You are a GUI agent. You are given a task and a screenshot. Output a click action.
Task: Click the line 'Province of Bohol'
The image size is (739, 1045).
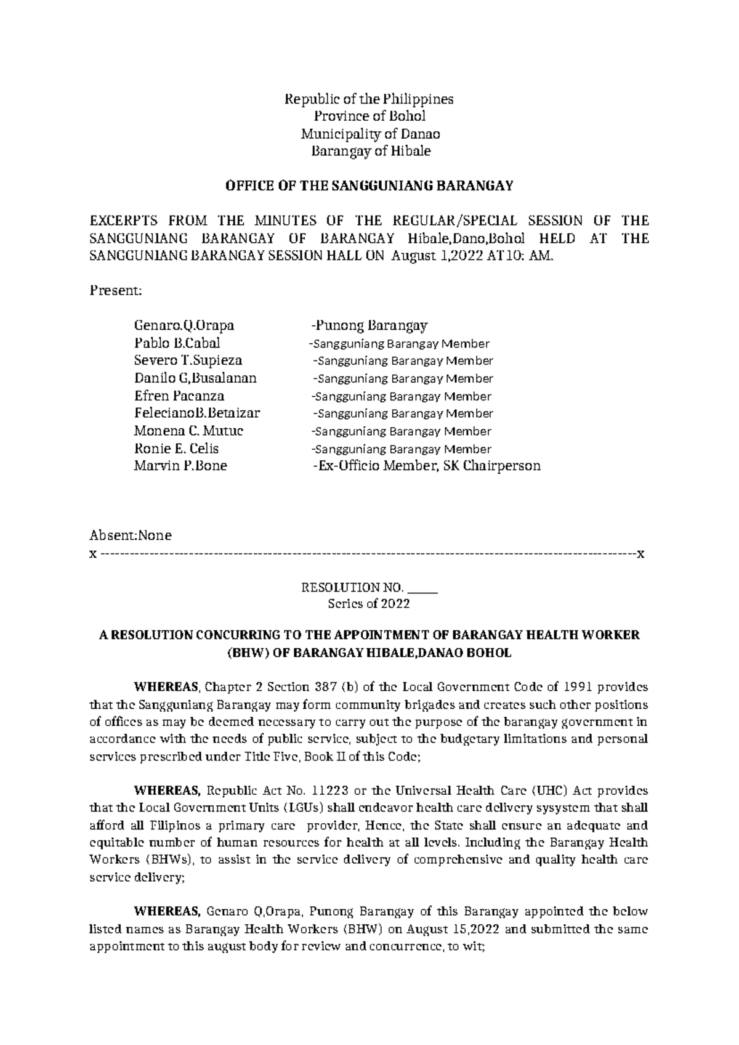coord(369,116)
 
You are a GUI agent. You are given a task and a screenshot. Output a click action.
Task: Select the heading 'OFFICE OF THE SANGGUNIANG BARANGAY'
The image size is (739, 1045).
coord(369,186)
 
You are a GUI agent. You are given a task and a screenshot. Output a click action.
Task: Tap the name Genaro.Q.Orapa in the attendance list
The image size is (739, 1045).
coord(184,325)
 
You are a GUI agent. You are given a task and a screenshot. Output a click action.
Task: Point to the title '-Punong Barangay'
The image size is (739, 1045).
coord(369,325)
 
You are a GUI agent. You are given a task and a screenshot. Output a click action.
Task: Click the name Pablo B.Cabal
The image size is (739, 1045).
coord(177,343)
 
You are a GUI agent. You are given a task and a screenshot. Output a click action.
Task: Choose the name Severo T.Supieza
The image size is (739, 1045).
coord(188,360)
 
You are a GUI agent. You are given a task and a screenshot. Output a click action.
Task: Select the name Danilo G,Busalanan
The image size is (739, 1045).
coord(195,378)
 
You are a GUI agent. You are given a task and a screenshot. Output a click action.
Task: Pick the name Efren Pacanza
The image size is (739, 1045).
coord(179,396)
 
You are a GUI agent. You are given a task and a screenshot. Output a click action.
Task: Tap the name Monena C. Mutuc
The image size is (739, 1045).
coord(188,431)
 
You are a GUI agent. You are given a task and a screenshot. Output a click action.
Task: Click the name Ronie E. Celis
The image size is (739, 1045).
coord(176,449)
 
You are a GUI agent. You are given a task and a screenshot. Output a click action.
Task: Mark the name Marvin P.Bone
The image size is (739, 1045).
coord(180,466)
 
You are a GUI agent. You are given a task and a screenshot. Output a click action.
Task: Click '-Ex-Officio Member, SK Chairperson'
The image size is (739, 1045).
coord(426,466)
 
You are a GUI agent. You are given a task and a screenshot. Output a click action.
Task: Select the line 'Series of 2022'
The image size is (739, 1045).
coord(369,604)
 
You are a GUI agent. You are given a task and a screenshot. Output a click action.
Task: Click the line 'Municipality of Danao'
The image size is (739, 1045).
coord(369,134)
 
